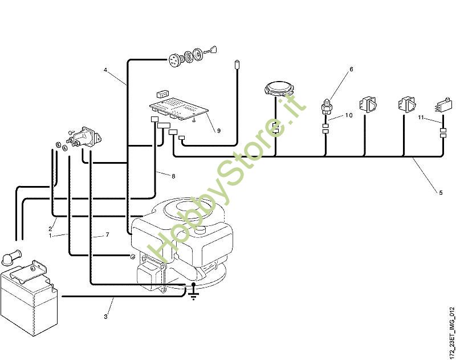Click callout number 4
click(x=106, y=70)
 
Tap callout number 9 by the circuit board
click(x=218, y=131)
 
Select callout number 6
click(x=351, y=69)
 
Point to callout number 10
click(x=349, y=115)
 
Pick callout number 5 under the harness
click(x=440, y=192)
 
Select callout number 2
click(x=50, y=228)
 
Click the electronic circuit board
click(x=176, y=108)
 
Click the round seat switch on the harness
click(x=279, y=88)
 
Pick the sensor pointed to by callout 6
click(x=327, y=107)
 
